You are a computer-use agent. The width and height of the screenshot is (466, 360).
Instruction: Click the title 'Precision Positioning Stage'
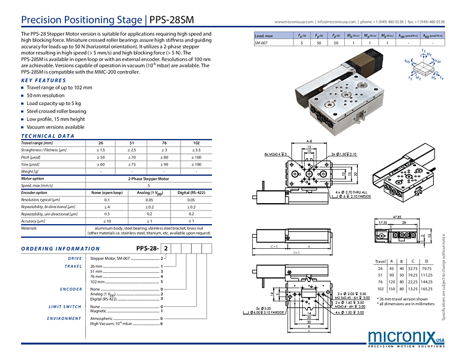80,20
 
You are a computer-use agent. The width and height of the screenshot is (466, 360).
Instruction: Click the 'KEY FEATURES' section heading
43,80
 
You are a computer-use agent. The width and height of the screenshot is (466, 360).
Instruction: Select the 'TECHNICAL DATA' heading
48,136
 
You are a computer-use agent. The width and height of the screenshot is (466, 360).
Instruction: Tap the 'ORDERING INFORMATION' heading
61,249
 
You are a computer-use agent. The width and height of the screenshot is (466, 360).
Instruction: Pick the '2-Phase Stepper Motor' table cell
148,178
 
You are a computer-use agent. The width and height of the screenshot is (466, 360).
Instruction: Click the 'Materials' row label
29,228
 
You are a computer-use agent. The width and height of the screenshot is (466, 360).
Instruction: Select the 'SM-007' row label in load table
263,43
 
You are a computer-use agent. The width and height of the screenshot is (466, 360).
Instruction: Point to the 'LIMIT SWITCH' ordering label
65,306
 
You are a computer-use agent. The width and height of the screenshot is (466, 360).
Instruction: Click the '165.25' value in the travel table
426,289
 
